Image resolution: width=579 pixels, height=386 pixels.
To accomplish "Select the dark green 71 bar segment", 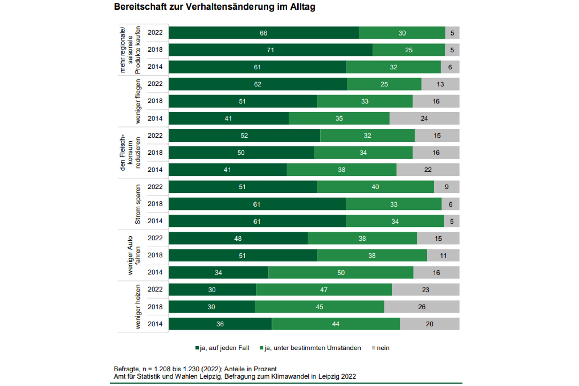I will point(270,50).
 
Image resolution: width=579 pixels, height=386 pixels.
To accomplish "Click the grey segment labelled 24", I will point(424,118).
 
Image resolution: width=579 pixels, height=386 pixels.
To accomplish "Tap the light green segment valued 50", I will point(341,273).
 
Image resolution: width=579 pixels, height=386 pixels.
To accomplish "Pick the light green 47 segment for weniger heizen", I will point(324,290).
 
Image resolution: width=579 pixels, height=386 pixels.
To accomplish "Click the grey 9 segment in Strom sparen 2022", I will point(446,187).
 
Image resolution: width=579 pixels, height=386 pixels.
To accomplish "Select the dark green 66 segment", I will point(264,33).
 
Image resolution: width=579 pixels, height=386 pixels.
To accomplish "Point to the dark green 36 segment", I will point(220,324).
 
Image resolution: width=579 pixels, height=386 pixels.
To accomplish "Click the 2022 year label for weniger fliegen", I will point(155,84).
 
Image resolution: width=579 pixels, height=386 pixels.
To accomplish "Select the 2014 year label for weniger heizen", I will point(155,324).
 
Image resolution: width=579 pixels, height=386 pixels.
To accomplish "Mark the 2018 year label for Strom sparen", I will point(155,204).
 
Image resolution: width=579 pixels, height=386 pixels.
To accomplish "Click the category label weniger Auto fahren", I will point(134,255).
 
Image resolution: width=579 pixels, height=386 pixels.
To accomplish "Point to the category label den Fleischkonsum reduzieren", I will point(130,153).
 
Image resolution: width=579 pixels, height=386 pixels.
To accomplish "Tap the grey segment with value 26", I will point(422,307).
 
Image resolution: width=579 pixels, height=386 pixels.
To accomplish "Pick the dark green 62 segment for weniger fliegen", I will point(257,84).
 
